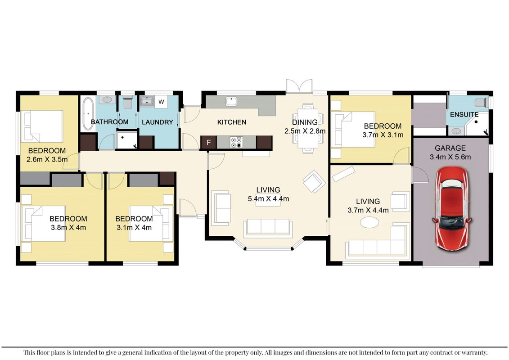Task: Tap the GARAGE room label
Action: tap(450, 148)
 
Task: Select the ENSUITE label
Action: tap(464, 115)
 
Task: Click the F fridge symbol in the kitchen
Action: tap(208, 142)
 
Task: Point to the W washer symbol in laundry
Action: tap(161, 102)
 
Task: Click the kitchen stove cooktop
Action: tap(236, 142)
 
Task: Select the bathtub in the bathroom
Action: tap(88, 113)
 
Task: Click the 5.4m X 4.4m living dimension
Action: tap(269, 198)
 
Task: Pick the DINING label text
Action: tap(305, 122)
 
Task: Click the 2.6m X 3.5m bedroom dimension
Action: tap(47, 159)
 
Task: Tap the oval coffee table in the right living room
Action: tap(369, 222)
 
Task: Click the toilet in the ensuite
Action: tap(482, 103)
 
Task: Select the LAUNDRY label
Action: tap(158, 122)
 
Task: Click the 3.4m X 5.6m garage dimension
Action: tap(450, 157)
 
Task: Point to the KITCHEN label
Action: tap(232, 122)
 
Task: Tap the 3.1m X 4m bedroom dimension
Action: tap(134, 228)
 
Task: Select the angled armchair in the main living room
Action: tap(314, 181)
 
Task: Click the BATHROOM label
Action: tap(110, 122)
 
